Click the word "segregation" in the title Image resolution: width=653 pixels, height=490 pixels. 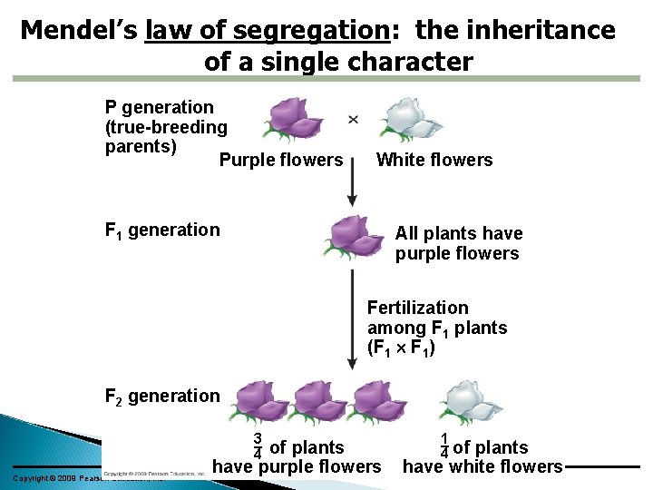tap(311, 32)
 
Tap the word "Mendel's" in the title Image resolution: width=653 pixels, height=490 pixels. tap(79, 31)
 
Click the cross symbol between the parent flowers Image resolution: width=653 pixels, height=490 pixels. tap(353, 119)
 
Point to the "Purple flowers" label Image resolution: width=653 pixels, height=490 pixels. tap(281, 161)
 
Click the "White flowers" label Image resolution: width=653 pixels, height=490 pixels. tap(434, 161)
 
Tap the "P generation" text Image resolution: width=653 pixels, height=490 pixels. tap(160, 108)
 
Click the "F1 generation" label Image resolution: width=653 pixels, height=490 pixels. tap(162, 230)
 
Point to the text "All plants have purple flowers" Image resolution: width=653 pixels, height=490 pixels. tap(458, 243)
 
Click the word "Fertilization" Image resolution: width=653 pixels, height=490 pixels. tap(418, 308)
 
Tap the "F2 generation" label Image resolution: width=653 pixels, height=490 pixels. tap(162, 397)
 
